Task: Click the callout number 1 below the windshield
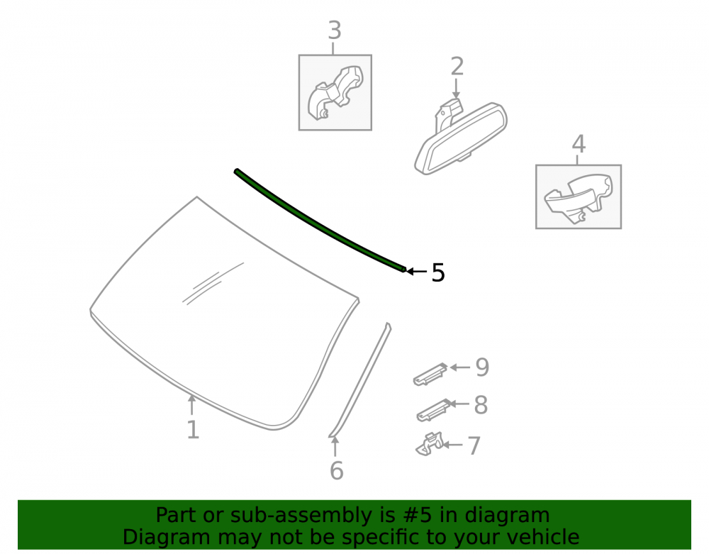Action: (193, 430)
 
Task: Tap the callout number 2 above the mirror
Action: (457, 67)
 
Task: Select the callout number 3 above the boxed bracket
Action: (334, 31)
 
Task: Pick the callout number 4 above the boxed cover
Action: (579, 144)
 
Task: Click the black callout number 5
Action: (438, 272)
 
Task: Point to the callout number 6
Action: (336, 471)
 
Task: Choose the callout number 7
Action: (474, 446)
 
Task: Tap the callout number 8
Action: (481, 405)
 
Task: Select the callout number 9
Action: (482, 367)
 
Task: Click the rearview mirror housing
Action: (462, 138)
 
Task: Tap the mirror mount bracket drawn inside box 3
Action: (335, 93)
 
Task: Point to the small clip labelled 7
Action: (430, 445)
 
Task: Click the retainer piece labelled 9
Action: (430, 375)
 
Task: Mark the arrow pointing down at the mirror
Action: (456, 88)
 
